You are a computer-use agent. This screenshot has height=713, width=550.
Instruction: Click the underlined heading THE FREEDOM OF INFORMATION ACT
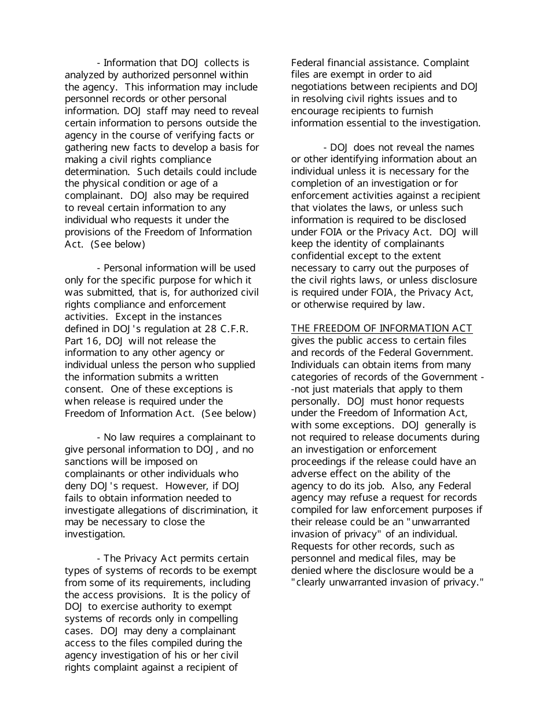click(382, 329)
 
